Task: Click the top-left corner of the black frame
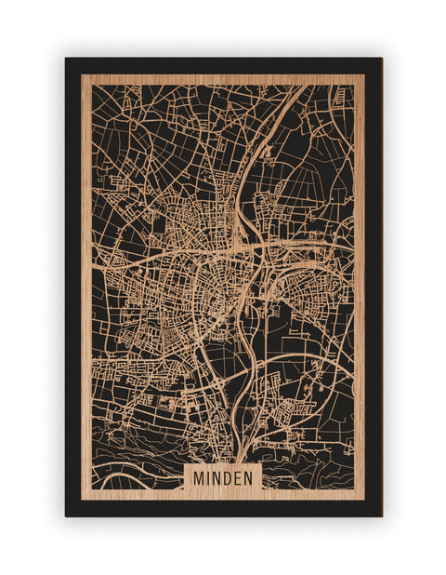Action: coord(66,59)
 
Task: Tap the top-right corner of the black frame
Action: coord(381,59)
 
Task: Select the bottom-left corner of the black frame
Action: coord(66,515)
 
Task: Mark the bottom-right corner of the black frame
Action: coord(381,515)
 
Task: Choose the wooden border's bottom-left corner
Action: coord(82,500)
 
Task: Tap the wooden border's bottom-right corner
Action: coord(364,500)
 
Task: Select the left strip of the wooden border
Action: coord(86,279)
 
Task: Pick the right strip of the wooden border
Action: coord(360,279)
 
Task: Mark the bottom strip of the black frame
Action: coord(223,508)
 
